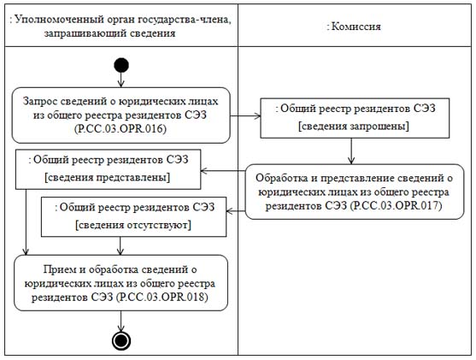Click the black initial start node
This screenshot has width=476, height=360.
(x=121, y=65)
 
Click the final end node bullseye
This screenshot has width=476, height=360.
(x=121, y=341)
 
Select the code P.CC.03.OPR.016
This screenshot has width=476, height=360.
(x=120, y=129)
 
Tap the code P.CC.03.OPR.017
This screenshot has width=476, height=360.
(x=396, y=206)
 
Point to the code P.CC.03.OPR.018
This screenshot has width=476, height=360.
(x=162, y=297)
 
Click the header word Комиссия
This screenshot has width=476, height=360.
(x=356, y=27)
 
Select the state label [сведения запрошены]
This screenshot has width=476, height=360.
(x=354, y=126)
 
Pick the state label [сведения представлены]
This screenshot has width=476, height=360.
(x=108, y=177)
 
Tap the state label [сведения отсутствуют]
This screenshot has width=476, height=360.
(x=133, y=225)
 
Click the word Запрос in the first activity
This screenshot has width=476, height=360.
(x=40, y=101)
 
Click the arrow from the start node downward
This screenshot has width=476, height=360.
(x=121, y=80)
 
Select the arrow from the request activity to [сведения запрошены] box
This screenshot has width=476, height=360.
(x=245, y=115)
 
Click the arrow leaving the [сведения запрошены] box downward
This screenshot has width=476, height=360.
(x=351, y=151)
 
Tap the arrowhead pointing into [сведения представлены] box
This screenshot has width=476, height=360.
(x=203, y=171)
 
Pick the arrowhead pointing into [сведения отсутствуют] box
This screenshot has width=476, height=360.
(x=229, y=211)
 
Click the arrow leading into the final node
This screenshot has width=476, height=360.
(x=121, y=322)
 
